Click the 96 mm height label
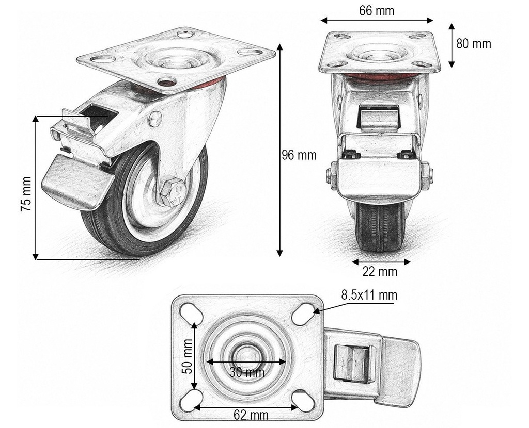tap(299, 155)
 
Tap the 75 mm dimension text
tap(26, 194)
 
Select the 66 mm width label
tap(376, 11)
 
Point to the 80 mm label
tap(473, 44)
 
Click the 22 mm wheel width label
tap(380, 271)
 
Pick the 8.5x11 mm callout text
tap(369, 295)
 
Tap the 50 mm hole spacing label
tap(187, 356)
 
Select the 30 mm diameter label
tap(247, 372)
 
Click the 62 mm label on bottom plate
tap(251, 415)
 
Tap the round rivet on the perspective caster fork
tap(155, 119)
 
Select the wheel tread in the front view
tap(380, 226)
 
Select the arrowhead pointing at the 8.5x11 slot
tap(316, 311)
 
